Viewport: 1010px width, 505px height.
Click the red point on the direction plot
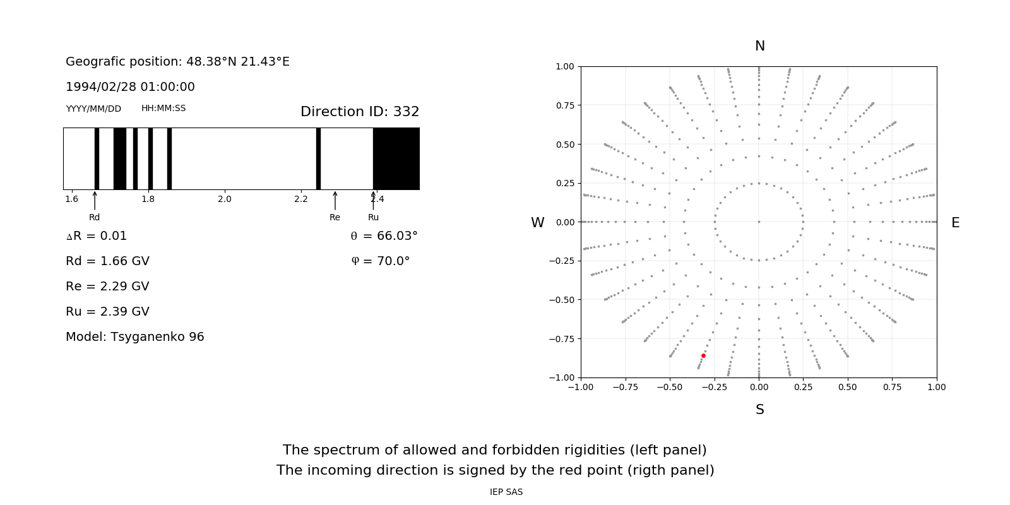[x=703, y=355]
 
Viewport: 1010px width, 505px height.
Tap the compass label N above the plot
[x=759, y=46]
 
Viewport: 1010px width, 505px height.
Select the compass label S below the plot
[x=759, y=410]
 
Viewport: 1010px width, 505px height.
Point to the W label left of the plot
[x=537, y=223]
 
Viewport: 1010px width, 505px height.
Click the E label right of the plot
[x=955, y=223]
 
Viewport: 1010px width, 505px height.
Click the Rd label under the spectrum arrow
[x=94, y=217]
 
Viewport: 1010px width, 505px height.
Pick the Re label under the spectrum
[x=335, y=217]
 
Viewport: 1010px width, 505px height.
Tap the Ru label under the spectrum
[x=373, y=217]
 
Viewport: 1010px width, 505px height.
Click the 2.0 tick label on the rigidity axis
[x=224, y=199]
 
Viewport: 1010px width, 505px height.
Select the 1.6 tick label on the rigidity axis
[x=71, y=199]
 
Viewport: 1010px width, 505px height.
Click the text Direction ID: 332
[x=360, y=112]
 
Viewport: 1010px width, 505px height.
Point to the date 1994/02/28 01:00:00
[x=130, y=86]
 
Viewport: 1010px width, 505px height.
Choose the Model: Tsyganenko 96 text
[x=135, y=336]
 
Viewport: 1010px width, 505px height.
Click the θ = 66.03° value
[x=384, y=235]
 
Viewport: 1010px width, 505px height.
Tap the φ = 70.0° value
[x=381, y=261]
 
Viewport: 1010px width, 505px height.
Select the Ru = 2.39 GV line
[x=107, y=311]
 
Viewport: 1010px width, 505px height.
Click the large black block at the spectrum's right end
[x=396, y=158]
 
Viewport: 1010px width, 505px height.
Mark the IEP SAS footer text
[x=506, y=492]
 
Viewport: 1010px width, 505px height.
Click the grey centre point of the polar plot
[x=759, y=222]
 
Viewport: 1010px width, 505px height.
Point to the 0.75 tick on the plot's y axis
[x=564, y=105]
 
